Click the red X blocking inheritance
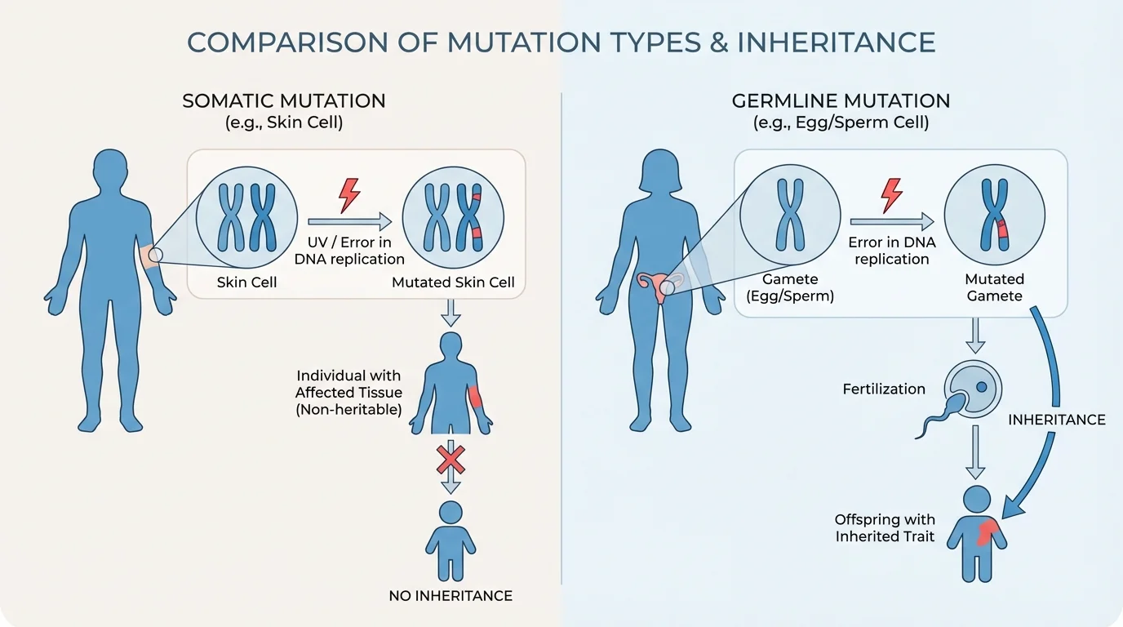[x=450, y=460]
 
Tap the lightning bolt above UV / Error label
[x=349, y=196]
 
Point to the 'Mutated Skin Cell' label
[x=453, y=282]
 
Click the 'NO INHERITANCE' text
[x=451, y=596]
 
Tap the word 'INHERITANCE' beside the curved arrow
[x=1056, y=420]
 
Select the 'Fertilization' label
[x=884, y=389]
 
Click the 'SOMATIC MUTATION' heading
[x=284, y=101]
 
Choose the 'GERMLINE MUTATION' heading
[x=841, y=101]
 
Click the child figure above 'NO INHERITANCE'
[x=450, y=539]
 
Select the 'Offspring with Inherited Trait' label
[x=885, y=528]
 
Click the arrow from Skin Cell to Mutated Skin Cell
[x=349, y=221]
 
